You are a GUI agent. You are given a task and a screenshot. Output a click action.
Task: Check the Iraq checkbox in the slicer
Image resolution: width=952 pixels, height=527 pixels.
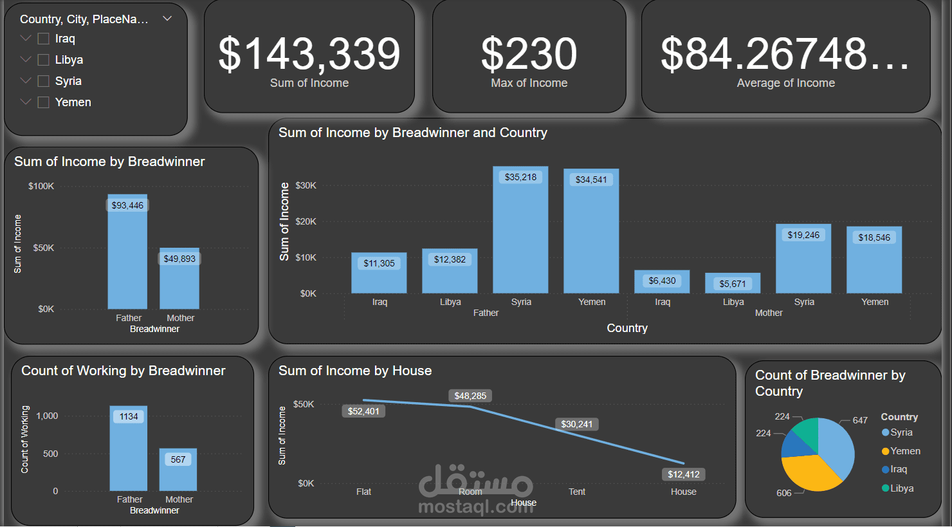(44, 39)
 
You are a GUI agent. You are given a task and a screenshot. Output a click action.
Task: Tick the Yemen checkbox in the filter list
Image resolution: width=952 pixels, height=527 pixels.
(44, 102)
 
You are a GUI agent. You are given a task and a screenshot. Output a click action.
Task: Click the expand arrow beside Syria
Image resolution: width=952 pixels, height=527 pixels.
(26, 81)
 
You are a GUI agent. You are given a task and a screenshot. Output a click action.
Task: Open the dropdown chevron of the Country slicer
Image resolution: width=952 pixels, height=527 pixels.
(167, 19)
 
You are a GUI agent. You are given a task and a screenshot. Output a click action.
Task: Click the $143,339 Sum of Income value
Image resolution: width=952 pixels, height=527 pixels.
(309, 54)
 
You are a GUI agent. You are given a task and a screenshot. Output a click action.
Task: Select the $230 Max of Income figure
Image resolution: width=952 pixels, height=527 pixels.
(529, 54)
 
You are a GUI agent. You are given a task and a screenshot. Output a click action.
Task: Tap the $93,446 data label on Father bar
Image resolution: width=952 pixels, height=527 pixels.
(127, 205)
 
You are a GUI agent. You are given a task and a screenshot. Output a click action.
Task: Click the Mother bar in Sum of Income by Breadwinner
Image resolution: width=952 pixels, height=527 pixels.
(179, 283)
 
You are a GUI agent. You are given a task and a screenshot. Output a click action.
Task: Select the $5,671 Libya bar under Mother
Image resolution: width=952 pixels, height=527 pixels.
(733, 284)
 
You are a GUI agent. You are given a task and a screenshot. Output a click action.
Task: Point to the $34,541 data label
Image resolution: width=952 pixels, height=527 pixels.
(591, 180)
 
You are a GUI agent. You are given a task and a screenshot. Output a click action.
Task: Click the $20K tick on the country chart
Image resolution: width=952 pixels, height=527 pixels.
(306, 221)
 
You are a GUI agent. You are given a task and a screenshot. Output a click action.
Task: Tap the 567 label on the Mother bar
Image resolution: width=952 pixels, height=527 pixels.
(178, 459)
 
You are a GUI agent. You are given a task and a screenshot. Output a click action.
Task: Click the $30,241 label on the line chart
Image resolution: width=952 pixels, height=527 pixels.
(576, 424)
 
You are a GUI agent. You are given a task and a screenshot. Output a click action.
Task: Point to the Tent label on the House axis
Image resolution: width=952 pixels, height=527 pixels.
(577, 492)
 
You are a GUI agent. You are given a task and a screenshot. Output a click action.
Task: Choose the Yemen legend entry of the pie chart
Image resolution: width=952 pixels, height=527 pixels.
(904, 451)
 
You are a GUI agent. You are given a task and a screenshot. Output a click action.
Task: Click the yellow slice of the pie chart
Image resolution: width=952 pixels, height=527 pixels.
(810, 473)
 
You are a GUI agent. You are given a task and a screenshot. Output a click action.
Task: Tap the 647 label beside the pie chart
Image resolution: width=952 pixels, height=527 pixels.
(860, 420)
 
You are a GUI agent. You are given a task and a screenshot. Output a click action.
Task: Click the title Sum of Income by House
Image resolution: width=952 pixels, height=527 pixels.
(355, 371)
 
